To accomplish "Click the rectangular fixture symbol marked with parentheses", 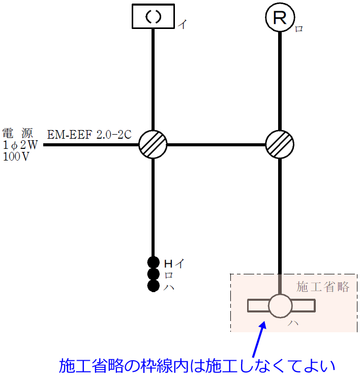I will point(153,17).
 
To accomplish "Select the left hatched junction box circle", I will point(153,145).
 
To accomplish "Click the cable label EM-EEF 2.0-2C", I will point(89,135).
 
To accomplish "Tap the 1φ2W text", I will point(20,145).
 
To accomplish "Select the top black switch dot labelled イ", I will point(154,263).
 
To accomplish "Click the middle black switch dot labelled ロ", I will point(154,274).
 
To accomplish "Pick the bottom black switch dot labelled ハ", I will point(154,286).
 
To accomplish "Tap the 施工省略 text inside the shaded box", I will point(323,287).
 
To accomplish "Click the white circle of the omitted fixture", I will point(280,306).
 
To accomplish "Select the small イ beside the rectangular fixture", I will point(182,24).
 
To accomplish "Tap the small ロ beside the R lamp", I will point(299,29).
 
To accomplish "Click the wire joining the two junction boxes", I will point(217,145).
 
